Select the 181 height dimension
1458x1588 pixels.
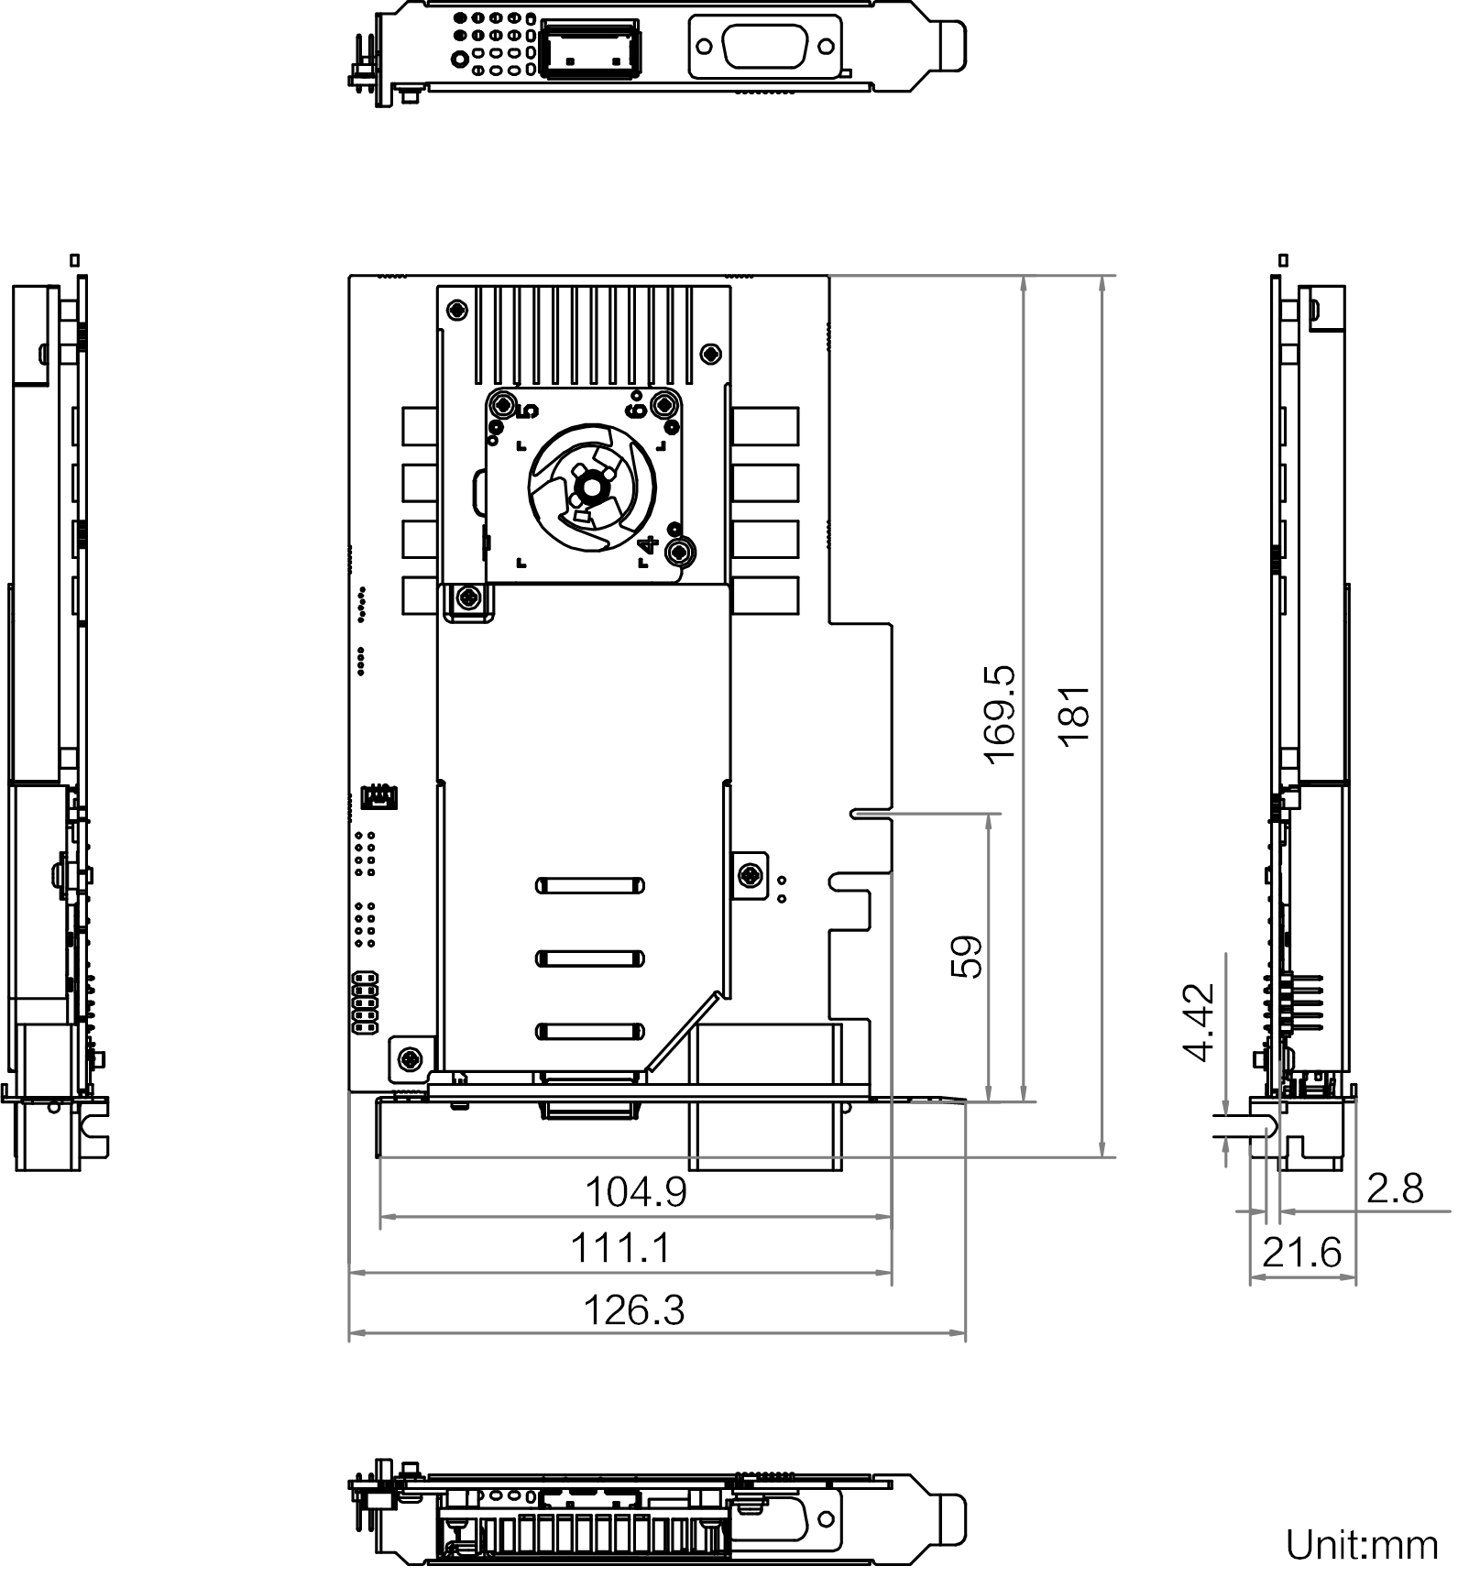coord(1076,716)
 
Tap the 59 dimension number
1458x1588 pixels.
coord(968,958)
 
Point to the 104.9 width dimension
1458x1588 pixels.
coord(635,1192)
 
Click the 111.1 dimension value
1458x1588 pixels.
coord(620,1248)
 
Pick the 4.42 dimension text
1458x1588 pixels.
coord(1200,1023)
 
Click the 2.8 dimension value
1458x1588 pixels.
coord(1395,1189)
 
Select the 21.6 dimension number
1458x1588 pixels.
coord(1301,1253)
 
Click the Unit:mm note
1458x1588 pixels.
coord(1362,1545)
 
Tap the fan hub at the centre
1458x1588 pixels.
coord(591,487)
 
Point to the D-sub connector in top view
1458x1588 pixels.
coord(764,47)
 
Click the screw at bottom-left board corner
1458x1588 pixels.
coord(409,1060)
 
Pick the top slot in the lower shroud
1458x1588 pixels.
coord(590,886)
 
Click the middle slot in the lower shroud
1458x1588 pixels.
coord(590,959)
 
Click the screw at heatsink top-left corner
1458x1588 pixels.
coord(456,310)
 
